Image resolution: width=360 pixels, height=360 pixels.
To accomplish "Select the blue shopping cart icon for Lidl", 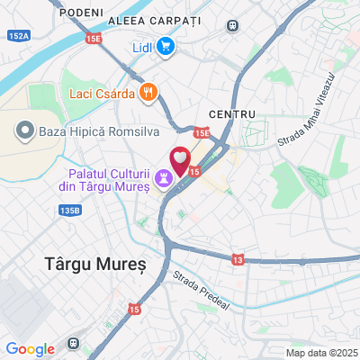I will tap(165, 47).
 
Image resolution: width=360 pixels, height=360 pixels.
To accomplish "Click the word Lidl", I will tap(141, 47).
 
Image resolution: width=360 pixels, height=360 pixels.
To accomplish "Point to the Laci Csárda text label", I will tap(101, 93).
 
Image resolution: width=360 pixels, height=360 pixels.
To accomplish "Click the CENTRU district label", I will tap(231, 114).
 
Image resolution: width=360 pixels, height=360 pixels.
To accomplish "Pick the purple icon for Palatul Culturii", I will tap(164, 179).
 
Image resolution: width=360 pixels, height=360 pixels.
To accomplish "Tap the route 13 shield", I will tap(237, 259).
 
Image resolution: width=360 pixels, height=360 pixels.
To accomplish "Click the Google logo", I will tap(31, 348).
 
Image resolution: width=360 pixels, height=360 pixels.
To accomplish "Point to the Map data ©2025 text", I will tap(321, 353).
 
